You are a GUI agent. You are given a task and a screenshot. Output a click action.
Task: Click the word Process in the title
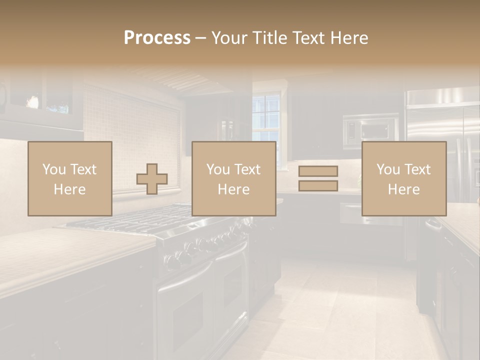tap(157, 38)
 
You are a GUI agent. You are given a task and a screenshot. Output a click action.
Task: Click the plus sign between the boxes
tap(152, 179)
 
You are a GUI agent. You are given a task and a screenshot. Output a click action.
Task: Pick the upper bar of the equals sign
tap(318, 171)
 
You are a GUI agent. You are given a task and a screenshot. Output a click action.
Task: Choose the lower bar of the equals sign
tap(318, 186)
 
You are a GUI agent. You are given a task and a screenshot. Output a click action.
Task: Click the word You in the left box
tap(54, 169)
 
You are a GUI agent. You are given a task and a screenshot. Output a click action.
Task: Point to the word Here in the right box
tap(403, 189)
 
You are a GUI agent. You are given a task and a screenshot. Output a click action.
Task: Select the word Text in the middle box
tap(247, 169)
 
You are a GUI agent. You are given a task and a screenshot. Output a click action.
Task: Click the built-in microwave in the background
tap(370, 130)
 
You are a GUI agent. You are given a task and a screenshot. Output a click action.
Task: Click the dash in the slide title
tap(201, 38)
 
